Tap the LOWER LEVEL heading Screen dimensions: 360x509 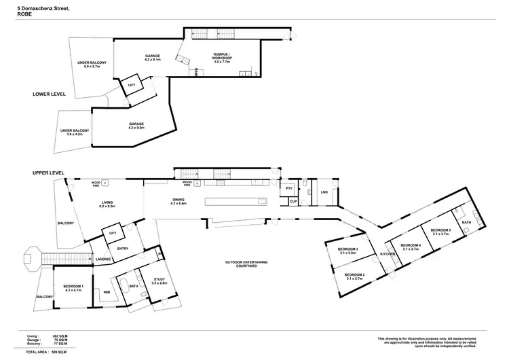(x=49, y=94)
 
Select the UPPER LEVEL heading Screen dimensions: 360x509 (x=49, y=173)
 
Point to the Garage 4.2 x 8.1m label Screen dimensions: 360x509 (x=151, y=58)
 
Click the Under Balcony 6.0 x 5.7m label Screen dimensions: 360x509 (x=91, y=65)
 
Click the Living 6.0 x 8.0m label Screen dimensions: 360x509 (x=109, y=204)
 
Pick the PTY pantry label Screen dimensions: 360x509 (x=288, y=188)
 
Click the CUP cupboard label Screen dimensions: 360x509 (x=293, y=202)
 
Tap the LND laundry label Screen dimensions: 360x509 (x=324, y=193)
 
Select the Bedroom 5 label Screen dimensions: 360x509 (x=440, y=232)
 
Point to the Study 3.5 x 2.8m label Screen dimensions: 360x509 (x=159, y=281)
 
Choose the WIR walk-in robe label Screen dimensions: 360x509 (x=107, y=292)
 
